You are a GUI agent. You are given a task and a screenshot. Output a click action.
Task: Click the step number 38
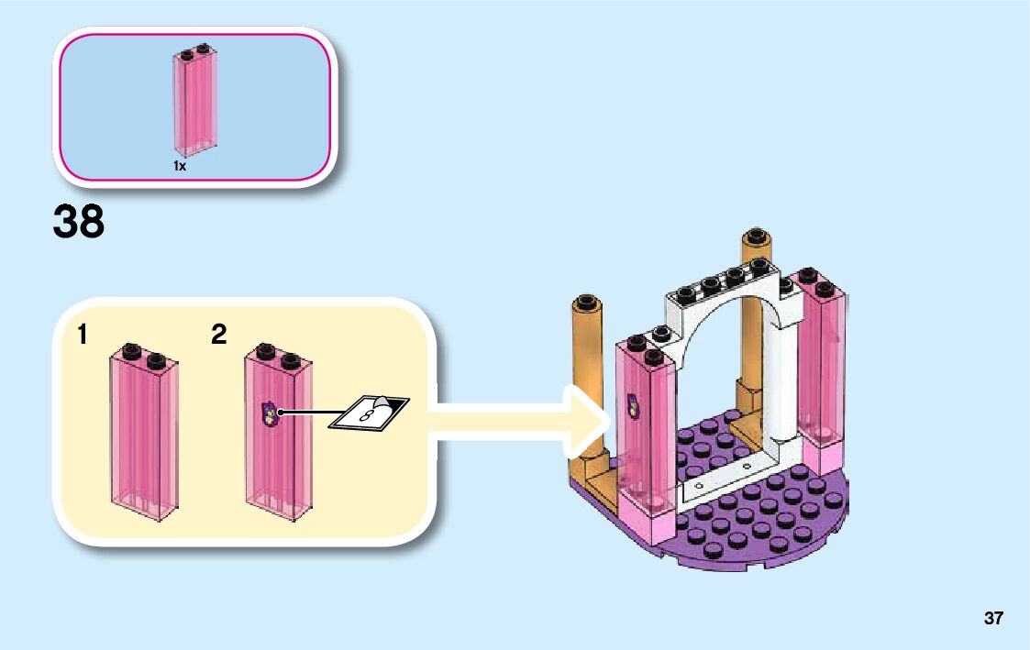(x=79, y=223)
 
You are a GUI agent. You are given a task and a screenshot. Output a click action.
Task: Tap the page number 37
(x=993, y=618)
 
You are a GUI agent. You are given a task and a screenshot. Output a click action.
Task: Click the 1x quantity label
(x=181, y=166)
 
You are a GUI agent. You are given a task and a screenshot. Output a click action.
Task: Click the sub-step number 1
(x=83, y=336)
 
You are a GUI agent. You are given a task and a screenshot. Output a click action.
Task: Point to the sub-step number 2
(x=218, y=336)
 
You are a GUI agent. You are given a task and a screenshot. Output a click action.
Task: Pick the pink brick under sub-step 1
(x=145, y=431)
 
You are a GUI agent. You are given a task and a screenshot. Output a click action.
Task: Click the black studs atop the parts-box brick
(x=195, y=49)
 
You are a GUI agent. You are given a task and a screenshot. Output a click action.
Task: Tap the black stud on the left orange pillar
(x=584, y=302)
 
